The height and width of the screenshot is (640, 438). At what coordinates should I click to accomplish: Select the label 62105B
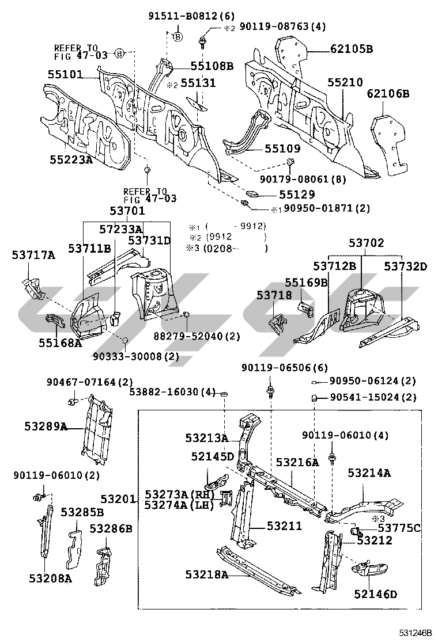pos(352,49)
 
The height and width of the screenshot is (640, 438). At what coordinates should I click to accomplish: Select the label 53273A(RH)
pos(179,495)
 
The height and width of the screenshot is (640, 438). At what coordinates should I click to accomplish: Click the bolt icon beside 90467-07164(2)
pos(73,399)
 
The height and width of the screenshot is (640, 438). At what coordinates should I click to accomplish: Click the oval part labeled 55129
pos(254,193)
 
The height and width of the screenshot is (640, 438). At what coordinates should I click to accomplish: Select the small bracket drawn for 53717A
pos(33,288)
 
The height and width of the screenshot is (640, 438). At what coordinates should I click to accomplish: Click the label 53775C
pos(398,528)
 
